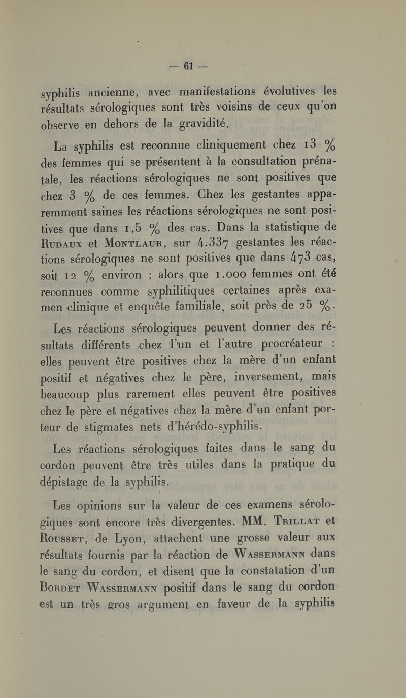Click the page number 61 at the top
(x=189, y=66)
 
